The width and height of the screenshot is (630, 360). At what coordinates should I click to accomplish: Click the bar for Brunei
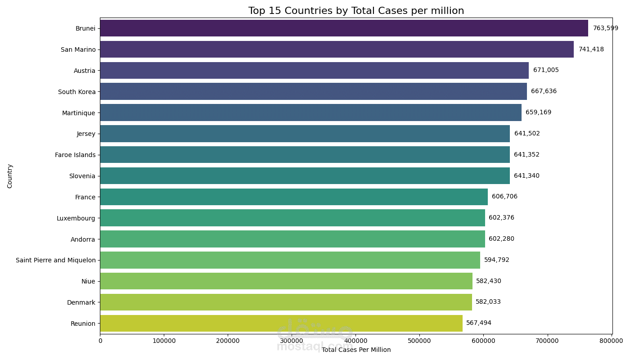(x=344, y=28)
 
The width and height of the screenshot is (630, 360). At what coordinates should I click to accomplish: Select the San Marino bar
(x=337, y=49)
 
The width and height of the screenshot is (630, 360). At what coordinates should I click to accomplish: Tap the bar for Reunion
(x=281, y=323)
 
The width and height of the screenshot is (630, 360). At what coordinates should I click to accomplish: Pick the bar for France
(x=294, y=197)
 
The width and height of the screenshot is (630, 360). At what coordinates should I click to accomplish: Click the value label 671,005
(x=546, y=70)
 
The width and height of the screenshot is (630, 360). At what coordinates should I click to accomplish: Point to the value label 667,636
(x=544, y=91)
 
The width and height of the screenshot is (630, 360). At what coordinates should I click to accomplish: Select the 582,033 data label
(x=488, y=302)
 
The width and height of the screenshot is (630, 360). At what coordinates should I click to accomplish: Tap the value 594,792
(x=497, y=260)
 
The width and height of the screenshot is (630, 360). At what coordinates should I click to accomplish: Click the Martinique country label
(x=79, y=113)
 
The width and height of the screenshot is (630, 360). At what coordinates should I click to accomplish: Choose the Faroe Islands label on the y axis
(x=75, y=155)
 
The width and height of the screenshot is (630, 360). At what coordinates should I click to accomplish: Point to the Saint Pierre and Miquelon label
(x=56, y=260)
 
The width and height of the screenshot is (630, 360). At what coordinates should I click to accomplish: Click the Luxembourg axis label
(x=76, y=218)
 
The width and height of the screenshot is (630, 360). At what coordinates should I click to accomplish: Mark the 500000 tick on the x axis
(x=420, y=341)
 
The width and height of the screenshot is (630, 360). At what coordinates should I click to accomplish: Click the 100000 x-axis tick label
(x=164, y=341)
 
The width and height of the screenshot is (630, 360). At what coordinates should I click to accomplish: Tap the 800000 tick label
(x=611, y=341)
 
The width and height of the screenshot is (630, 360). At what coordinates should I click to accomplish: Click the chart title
(x=356, y=11)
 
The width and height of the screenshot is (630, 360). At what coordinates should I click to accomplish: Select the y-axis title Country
(x=10, y=176)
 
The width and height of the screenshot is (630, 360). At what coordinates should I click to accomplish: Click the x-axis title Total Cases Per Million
(x=356, y=350)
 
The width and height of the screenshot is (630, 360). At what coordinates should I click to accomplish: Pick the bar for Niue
(x=286, y=281)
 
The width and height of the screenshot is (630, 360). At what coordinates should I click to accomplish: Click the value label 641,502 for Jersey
(x=527, y=134)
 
